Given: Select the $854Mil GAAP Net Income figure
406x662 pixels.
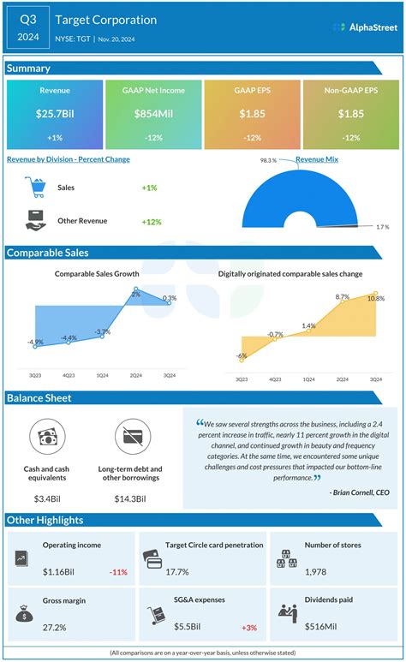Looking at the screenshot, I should (153, 114).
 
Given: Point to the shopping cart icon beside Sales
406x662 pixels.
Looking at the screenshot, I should (36, 187).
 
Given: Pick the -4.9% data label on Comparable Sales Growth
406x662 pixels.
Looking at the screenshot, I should (35, 342).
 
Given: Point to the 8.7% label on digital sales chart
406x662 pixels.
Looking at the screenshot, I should (343, 296).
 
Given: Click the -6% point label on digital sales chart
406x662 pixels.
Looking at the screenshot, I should (242, 355).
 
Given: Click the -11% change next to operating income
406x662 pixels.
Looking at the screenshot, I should (118, 571).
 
